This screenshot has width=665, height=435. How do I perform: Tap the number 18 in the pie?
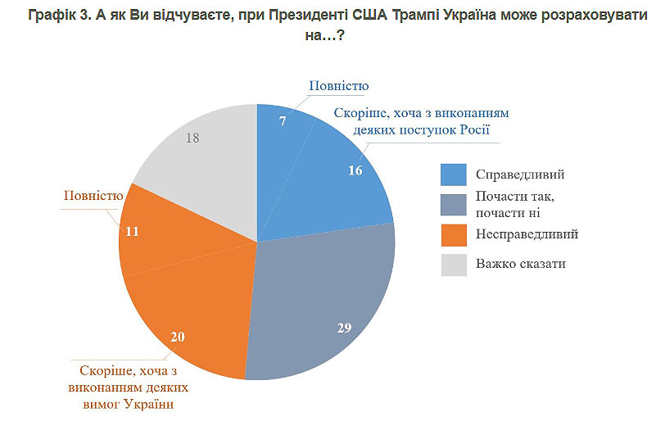click(x=193, y=138)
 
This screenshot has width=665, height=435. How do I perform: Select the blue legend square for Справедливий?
click(x=452, y=174)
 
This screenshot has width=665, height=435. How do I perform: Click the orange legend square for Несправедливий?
click(x=452, y=234)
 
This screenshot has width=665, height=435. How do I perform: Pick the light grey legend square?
click(x=452, y=264)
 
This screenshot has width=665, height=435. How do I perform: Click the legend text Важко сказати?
click(x=519, y=264)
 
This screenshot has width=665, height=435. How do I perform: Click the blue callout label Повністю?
click(x=338, y=86)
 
